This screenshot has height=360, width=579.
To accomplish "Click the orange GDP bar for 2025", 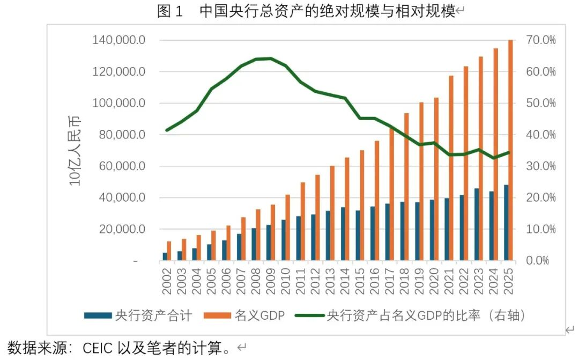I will click(510, 150).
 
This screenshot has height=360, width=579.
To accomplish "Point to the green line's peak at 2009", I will click(270, 58).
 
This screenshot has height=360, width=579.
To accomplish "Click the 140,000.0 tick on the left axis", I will click(118, 40).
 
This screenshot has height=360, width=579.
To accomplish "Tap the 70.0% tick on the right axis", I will click(540, 40).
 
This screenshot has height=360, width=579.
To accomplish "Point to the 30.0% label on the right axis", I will click(540, 166).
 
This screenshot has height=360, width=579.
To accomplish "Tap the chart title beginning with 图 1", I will click(306, 11).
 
